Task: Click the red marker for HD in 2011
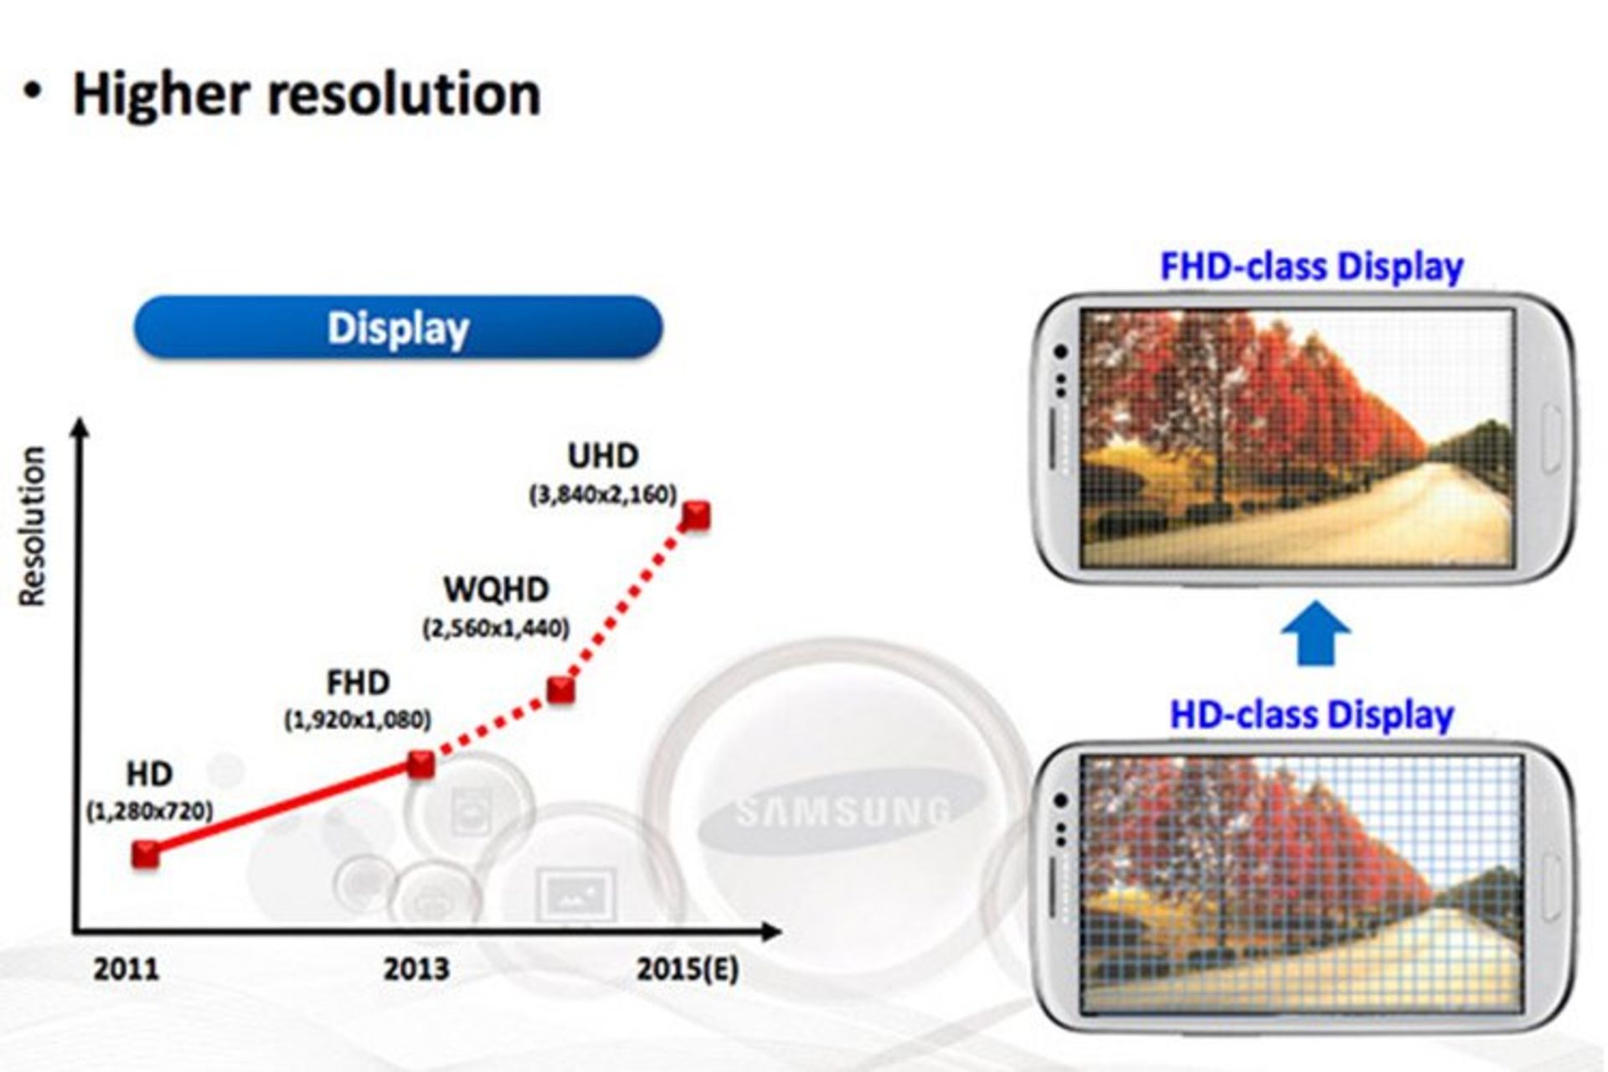tap(146, 854)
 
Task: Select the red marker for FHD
tap(420, 764)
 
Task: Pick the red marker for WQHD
tap(561, 689)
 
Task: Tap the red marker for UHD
tap(696, 516)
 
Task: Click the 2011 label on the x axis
tap(126, 969)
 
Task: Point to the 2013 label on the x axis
tap(416, 969)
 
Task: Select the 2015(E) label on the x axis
tap(688, 969)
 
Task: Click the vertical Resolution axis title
tap(32, 525)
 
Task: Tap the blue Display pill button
tap(398, 327)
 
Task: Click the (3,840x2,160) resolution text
tap(603, 495)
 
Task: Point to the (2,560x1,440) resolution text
tap(496, 628)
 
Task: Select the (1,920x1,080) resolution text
tap(358, 719)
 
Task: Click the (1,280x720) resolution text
tap(150, 811)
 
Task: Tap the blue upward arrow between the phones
tap(1316, 633)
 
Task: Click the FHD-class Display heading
tap(1312, 266)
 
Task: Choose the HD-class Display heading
tap(1312, 715)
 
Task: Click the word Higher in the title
tap(161, 94)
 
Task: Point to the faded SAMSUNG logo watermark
tap(842, 811)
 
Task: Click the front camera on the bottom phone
tap(1061, 801)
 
